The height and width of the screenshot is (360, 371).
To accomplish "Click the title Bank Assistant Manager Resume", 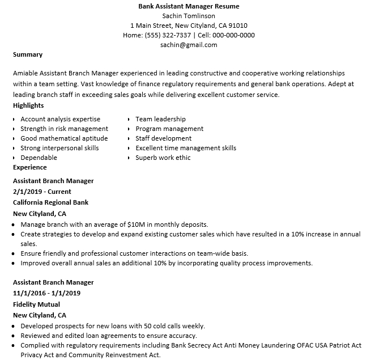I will click(x=189, y=6).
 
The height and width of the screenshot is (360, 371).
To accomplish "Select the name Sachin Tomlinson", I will click(x=189, y=16).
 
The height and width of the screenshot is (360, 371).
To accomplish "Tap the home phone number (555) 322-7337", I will click(x=168, y=35).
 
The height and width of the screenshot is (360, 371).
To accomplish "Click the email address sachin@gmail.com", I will click(x=189, y=45).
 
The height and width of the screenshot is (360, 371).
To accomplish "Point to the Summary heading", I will click(x=28, y=55).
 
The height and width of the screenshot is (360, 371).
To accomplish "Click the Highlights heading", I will click(x=28, y=105).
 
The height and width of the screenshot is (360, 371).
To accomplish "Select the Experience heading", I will click(x=29, y=168).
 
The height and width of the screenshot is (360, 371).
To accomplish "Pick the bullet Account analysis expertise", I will click(x=60, y=119).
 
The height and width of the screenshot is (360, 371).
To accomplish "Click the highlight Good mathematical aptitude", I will click(x=64, y=138).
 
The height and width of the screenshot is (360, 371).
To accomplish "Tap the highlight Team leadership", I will click(x=160, y=119).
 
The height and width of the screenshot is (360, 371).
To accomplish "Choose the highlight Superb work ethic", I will click(x=163, y=158).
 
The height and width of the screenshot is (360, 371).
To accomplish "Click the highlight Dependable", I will click(x=39, y=158).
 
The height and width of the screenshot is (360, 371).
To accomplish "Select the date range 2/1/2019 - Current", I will click(x=42, y=192).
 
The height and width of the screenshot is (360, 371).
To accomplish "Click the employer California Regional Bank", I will click(x=50, y=202).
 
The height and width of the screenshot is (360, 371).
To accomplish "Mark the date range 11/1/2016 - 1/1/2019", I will click(x=46, y=293).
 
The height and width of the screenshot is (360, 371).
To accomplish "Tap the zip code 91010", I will click(x=238, y=26).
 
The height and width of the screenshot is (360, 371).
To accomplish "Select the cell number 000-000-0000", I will click(x=234, y=35).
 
